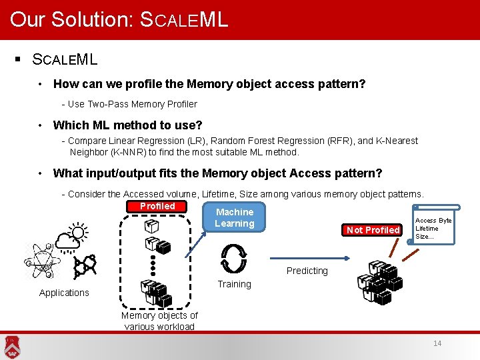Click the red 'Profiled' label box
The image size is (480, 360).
tap(157, 207)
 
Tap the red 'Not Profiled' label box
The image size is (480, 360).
tap(373, 230)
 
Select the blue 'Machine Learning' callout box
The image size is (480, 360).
tap(234, 218)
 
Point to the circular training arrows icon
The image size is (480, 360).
tap(234, 257)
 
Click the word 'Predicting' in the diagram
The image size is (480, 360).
tap(307, 271)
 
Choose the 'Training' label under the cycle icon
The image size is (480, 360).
tap(234, 284)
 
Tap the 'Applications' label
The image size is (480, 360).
tap(64, 293)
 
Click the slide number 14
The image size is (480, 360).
tap(437, 343)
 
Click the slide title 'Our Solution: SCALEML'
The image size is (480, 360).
tap(119, 19)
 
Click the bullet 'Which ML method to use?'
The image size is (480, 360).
tap(127, 125)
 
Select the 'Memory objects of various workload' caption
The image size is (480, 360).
tap(159, 321)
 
